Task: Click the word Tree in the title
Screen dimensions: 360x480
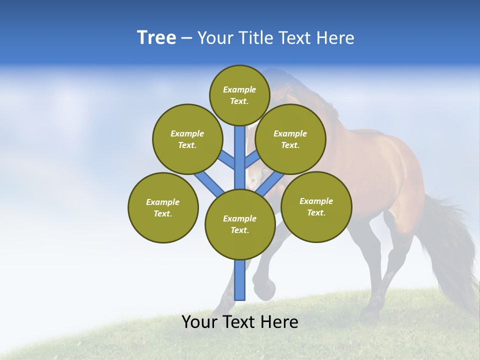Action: point(156,38)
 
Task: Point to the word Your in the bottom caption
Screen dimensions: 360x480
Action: point(199,322)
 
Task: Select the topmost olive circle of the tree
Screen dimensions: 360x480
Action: point(239,95)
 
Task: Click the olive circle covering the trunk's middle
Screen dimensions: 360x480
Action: point(240,224)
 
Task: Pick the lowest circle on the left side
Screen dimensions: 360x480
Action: point(163,207)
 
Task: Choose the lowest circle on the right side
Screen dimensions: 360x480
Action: point(316,206)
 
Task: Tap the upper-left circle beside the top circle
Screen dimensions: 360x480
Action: point(187,139)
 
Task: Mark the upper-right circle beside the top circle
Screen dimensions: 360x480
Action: point(290,139)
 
